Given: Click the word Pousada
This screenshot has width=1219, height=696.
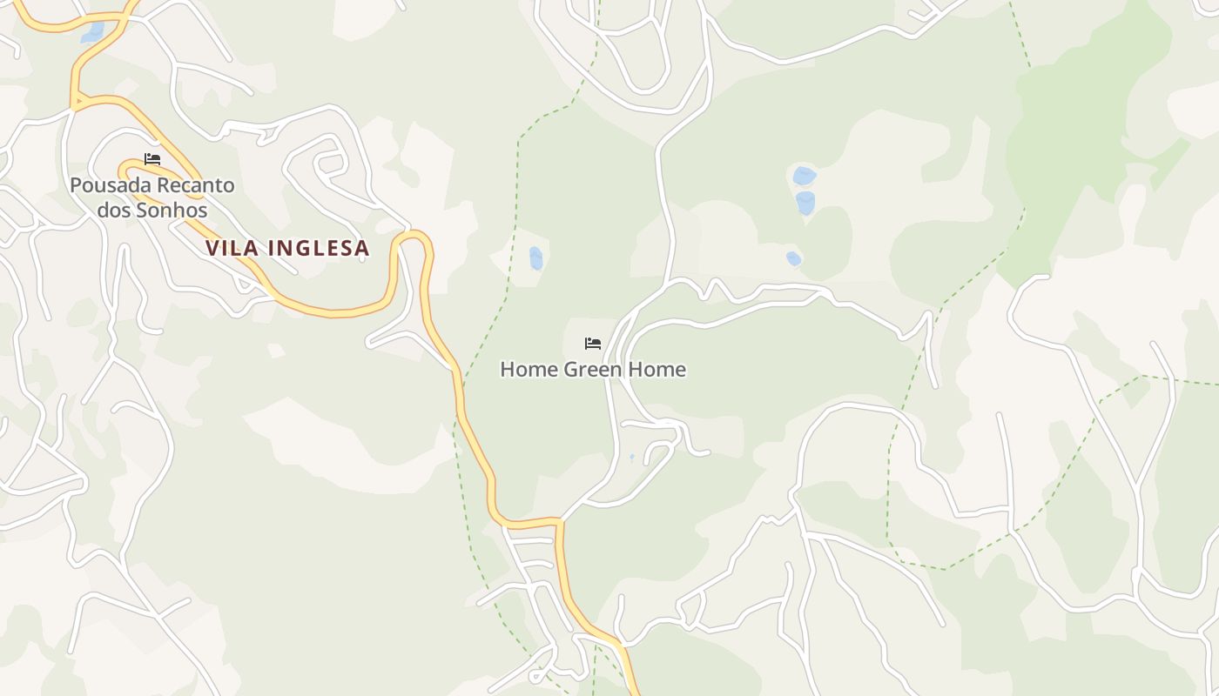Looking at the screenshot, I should [109, 185].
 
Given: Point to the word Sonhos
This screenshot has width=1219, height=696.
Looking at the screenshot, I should [170, 211].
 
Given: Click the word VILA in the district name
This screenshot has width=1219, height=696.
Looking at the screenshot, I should [232, 248].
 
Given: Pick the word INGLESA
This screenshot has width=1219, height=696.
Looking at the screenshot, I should [319, 248].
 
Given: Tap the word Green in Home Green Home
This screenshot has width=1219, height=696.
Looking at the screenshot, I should [594, 370].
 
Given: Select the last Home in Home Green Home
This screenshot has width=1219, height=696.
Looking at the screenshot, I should [657, 370].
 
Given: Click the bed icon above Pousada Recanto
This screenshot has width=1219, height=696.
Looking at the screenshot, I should [152, 159].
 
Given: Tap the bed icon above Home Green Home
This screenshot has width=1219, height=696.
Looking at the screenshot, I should [593, 344].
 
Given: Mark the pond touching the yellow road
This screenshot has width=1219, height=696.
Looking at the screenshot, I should [92, 33].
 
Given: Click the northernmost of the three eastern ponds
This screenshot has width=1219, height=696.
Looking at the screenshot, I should [804, 176].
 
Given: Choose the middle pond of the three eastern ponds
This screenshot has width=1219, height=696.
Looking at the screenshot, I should [805, 203].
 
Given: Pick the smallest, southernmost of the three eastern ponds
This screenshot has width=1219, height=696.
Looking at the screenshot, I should [793, 258].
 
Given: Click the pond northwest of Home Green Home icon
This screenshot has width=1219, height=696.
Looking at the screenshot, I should [535, 258].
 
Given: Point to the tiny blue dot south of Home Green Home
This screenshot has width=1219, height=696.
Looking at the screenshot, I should [632, 456].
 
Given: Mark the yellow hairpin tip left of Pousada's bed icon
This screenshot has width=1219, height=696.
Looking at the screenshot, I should [123, 163].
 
